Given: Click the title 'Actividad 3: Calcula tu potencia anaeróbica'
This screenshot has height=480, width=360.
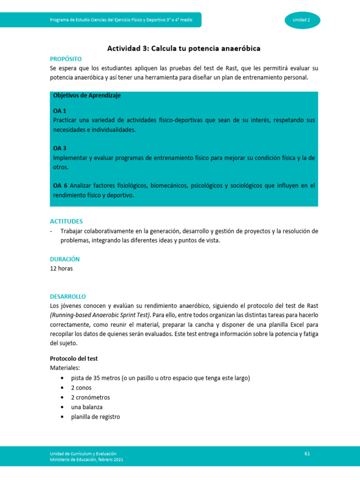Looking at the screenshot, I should point(184,48).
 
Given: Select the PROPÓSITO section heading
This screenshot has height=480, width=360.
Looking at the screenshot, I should point(66,59).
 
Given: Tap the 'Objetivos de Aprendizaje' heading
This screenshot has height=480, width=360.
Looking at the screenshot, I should point(87,95).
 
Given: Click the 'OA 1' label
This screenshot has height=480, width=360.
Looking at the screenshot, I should point(60,111).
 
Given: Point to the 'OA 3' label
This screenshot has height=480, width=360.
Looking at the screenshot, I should point(60,148).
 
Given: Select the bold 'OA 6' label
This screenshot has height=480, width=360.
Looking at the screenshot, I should point(60,186).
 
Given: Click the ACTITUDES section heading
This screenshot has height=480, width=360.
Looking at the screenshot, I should point(66,221).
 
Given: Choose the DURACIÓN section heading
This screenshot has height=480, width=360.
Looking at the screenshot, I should point(65,259).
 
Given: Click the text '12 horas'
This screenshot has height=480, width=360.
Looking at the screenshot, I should point(61,269).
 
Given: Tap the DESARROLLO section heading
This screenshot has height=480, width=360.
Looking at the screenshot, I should point(68,297).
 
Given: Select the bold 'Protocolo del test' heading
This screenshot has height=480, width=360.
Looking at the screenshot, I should point(74,359).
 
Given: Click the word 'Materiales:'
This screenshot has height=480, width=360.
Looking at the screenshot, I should point(65,368).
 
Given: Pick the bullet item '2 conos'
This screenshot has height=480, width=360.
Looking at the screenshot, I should point(81,388).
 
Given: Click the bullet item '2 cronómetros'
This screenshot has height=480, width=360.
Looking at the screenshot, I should point(90,397).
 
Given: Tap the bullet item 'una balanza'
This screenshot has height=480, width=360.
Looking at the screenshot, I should point(87,407).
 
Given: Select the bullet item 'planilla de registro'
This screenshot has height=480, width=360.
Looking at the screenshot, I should point(95,416).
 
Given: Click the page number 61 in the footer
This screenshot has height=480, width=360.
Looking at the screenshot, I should point(307,453).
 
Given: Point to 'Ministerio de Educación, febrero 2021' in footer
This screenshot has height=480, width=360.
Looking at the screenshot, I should point(87,460).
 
